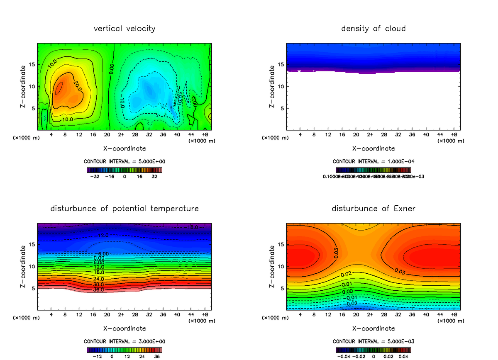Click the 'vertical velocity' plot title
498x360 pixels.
(x=124, y=29)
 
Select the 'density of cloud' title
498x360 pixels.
(x=373, y=29)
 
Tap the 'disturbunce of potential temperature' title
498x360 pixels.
(x=124, y=208)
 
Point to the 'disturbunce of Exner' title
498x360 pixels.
(x=373, y=208)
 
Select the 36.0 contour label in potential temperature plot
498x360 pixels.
(x=99, y=289)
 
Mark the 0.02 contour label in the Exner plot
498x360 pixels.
(x=346, y=274)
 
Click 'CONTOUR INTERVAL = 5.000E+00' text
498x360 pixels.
(x=124, y=161)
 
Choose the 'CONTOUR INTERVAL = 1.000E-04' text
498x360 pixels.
(x=373, y=161)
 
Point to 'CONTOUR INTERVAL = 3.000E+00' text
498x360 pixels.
(x=124, y=341)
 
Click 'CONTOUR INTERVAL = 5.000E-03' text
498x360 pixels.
(x=373, y=341)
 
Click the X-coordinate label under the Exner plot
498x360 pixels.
(x=373, y=328)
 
